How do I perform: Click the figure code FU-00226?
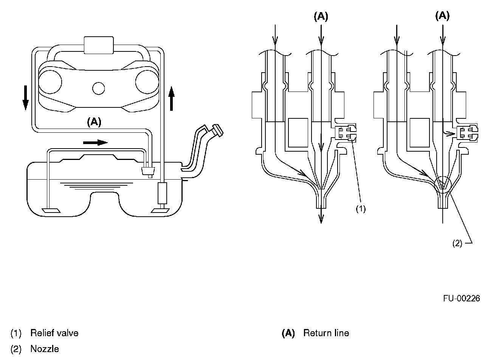point(462,298)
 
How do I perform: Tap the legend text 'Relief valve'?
point(54,333)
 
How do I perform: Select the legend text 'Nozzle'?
point(45,349)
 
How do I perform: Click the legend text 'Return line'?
point(326,333)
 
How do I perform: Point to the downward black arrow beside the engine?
point(25,97)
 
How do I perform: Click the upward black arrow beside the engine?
point(171,98)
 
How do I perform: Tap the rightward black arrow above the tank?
point(95,142)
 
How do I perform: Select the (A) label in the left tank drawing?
point(94,122)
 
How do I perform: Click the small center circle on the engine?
point(98,88)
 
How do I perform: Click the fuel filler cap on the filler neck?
point(217,129)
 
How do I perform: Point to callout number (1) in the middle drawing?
point(361,209)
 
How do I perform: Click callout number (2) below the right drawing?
point(457,244)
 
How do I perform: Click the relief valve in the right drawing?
point(468,133)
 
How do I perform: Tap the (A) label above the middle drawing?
point(321,16)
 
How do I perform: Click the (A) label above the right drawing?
point(442,16)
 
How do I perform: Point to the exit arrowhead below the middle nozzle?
point(321,218)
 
